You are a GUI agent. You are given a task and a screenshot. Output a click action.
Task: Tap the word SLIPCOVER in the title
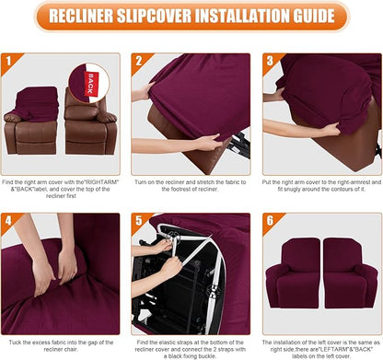[136, 17]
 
